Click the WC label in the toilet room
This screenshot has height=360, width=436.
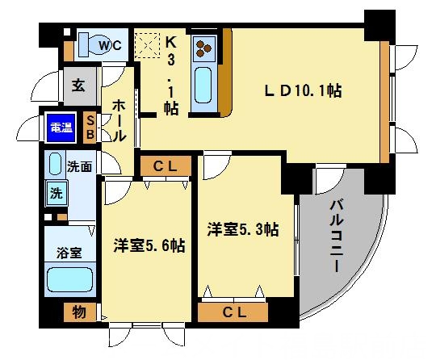click(x=111, y=46)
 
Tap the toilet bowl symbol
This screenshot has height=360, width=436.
click(x=90, y=44)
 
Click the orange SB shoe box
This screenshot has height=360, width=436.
click(x=90, y=127)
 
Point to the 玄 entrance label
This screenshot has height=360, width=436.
click(x=78, y=84)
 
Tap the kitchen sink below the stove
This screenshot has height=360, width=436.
click(x=202, y=86)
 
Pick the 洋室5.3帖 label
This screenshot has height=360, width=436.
click(x=242, y=230)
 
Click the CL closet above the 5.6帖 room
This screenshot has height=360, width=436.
click(x=165, y=167)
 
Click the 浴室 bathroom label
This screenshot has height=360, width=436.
click(x=69, y=253)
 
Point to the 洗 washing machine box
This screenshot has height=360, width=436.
click(x=57, y=194)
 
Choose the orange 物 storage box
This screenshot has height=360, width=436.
click(x=79, y=311)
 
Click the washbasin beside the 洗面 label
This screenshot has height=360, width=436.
click(x=56, y=165)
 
